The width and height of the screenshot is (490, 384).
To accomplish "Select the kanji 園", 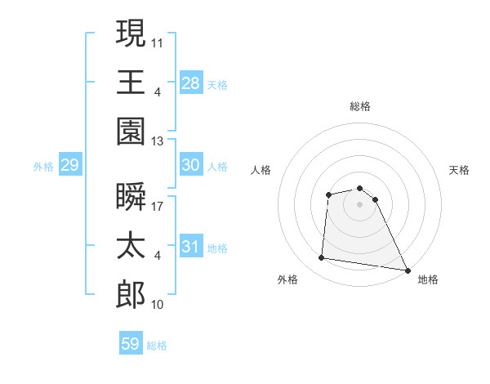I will (x=131, y=131).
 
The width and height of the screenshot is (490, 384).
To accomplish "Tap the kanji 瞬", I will (x=131, y=196).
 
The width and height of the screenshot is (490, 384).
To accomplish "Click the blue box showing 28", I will (x=190, y=83).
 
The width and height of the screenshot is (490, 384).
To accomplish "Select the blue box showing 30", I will (x=190, y=165).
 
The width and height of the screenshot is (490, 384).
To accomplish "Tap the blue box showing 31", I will (x=190, y=247).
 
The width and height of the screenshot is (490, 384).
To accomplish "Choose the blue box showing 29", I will (x=69, y=166).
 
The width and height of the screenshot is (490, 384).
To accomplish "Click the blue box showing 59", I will (x=131, y=344).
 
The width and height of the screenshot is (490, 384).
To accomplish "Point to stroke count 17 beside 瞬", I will (x=158, y=206).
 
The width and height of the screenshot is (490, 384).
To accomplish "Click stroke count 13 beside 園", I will (x=158, y=141).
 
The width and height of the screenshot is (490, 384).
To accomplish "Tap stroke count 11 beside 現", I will (x=158, y=41).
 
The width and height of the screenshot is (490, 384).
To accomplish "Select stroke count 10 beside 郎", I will (x=158, y=305).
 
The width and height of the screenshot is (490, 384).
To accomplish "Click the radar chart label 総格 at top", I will (x=360, y=106).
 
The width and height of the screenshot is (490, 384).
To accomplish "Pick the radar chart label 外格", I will (x=287, y=279).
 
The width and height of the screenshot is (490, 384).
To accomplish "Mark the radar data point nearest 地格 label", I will (x=408, y=269).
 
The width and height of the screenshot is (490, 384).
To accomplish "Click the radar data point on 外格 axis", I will (x=322, y=258).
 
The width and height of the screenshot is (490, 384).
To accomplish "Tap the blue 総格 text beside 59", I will (x=157, y=345).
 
